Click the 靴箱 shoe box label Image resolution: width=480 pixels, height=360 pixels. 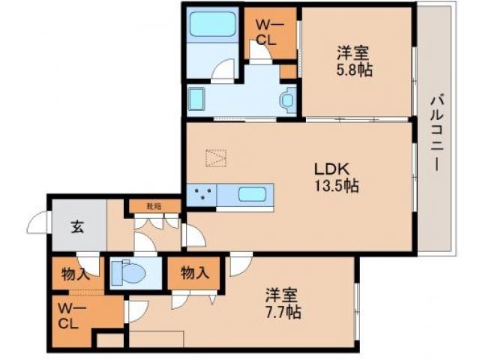tap(154, 205)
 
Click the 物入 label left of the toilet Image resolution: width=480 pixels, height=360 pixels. tap(76, 273)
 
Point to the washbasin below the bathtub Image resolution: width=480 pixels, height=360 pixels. tap(198, 99)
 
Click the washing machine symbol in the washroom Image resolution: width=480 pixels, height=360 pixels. tap(287, 97)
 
